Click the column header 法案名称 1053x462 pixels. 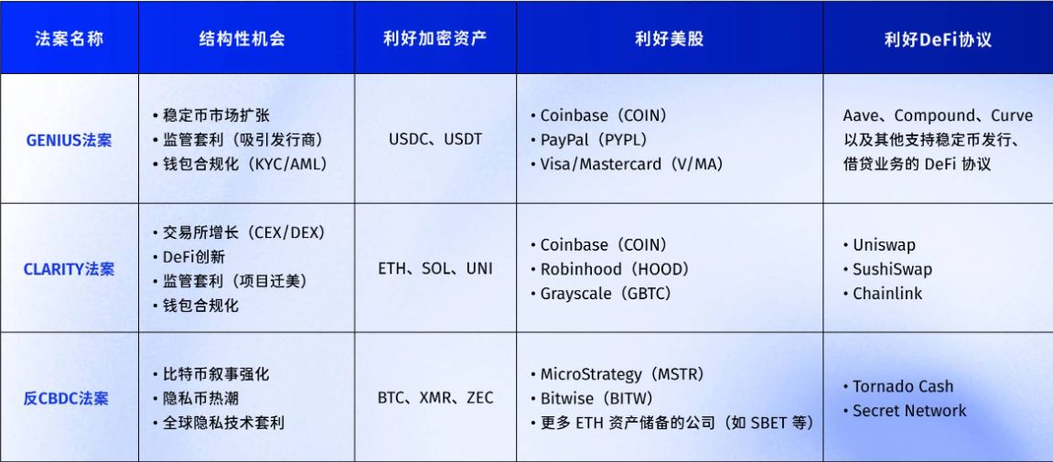coord(70,38)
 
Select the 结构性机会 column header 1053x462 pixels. coord(242,38)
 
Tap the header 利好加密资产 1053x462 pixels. coord(435,38)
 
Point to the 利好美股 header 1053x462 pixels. coord(669,38)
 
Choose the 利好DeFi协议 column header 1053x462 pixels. coord(938,39)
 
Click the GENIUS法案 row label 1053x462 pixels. coord(70,140)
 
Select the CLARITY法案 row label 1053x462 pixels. coord(70,269)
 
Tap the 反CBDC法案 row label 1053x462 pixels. coord(66,398)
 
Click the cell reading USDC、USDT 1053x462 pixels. coord(435,140)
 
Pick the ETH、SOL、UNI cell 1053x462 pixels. coord(435,269)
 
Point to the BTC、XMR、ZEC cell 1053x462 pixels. coord(435,398)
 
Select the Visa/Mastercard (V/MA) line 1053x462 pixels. coord(626,164)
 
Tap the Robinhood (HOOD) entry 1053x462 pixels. coord(609,269)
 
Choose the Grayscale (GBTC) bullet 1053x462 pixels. coord(600,293)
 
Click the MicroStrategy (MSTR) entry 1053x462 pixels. coord(617,374)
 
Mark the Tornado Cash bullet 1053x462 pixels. coord(897,386)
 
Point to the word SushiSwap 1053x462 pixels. coord(893,269)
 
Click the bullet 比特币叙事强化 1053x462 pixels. coord(210,374)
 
